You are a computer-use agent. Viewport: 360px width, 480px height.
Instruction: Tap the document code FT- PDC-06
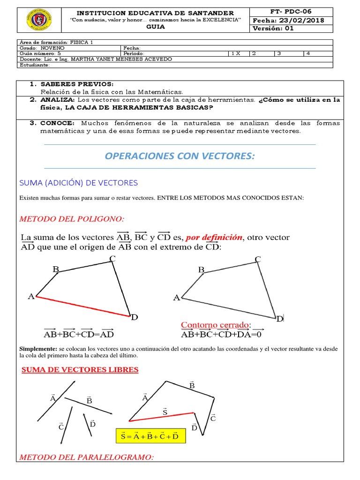click(292, 11)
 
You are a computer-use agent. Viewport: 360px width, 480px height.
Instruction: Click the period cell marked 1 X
click(238, 53)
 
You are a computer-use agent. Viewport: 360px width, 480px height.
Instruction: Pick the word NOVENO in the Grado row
click(52, 48)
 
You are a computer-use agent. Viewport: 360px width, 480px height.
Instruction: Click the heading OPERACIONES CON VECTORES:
click(180, 156)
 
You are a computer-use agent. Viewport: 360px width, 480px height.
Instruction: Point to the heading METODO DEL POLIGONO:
click(72, 219)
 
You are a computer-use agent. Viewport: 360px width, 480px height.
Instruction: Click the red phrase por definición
click(214, 237)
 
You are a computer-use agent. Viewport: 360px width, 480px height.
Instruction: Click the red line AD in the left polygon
click(83, 307)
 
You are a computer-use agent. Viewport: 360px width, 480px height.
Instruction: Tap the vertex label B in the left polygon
click(56, 269)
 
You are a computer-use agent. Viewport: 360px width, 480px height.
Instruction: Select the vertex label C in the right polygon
click(258, 260)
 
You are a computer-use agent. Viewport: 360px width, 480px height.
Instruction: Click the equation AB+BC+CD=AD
click(78, 334)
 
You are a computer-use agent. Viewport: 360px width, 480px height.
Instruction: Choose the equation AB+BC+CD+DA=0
click(220, 334)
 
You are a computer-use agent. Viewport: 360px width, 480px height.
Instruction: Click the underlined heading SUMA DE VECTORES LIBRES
click(80, 370)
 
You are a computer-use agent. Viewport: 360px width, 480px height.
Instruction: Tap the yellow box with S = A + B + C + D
click(150, 436)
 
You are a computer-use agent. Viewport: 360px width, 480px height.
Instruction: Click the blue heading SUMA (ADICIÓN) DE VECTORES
click(78, 182)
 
